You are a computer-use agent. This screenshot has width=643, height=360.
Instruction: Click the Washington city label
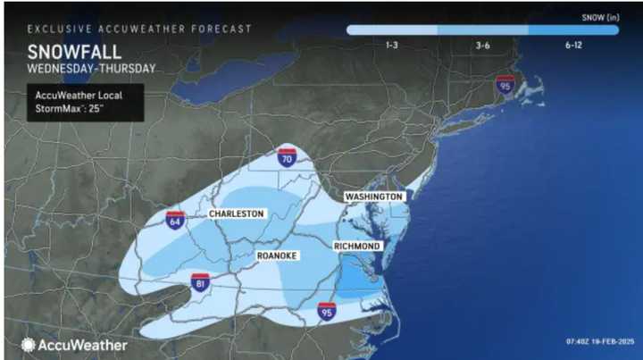375,196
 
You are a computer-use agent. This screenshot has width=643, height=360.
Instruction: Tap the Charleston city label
236,214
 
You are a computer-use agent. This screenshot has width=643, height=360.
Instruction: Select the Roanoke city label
277,255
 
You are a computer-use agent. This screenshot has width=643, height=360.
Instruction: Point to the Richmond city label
357,246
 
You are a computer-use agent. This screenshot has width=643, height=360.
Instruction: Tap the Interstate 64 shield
175,221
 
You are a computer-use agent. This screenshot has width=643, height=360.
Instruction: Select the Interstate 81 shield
200,282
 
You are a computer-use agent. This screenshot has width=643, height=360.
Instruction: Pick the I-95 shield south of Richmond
328,311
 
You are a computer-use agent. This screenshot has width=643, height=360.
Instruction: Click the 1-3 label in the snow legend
391,44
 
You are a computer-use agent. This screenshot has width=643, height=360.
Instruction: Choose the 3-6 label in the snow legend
481,44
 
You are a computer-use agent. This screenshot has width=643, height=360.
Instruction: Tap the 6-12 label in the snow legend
573,44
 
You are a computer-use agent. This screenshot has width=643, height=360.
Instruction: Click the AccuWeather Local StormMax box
85,101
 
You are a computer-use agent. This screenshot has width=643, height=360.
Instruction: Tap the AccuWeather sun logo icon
29,344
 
